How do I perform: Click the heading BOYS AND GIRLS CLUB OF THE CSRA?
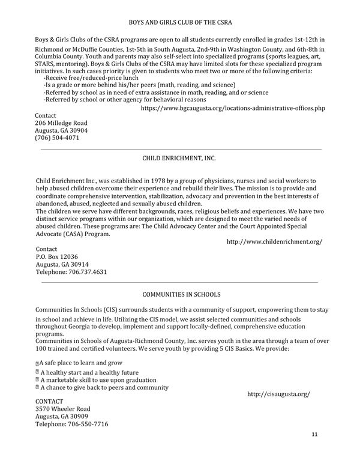click(x=180, y=22)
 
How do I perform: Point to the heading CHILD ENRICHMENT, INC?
click(x=179, y=159)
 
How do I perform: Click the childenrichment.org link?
click(x=274, y=241)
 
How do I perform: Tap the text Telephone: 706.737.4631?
click(x=71, y=271)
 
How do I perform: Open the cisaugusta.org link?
click(x=278, y=394)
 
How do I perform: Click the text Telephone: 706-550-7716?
click(x=72, y=424)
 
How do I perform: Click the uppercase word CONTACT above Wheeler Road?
click(x=50, y=401)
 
